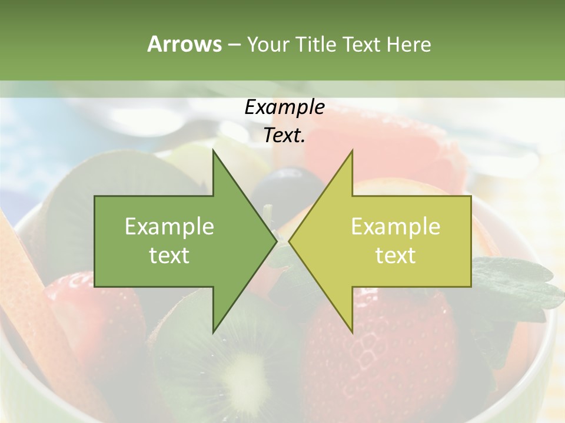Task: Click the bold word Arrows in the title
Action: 184,44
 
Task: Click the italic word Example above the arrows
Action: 284,107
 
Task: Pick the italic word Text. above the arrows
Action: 284,136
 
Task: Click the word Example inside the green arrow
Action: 169,226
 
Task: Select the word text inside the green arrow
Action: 169,256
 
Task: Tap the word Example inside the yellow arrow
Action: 395,226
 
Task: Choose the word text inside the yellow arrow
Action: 395,256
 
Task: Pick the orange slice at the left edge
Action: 24,276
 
